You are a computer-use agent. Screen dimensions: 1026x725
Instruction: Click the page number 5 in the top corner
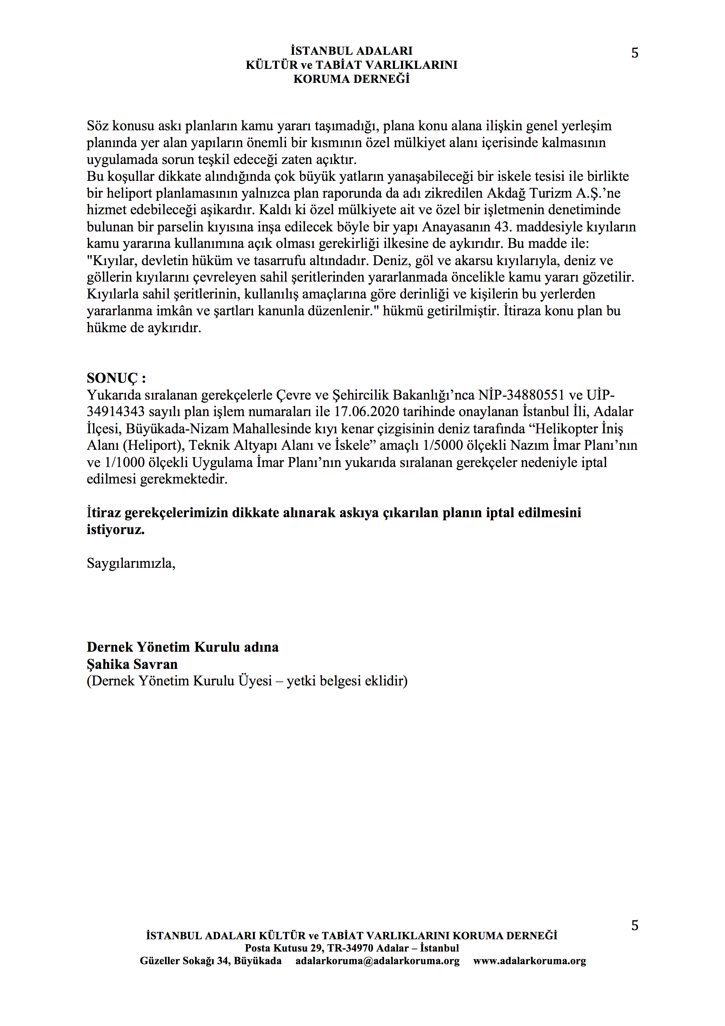click(x=634, y=53)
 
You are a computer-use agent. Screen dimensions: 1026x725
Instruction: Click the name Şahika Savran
click(x=132, y=664)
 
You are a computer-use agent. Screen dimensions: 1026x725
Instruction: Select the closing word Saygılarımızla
click(x=131, y=564)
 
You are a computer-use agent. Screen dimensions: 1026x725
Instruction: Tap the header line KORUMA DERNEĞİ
click(x=351, y=79)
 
